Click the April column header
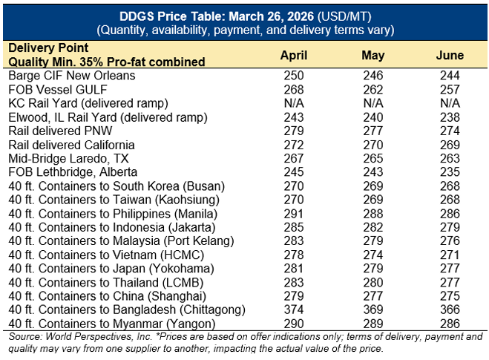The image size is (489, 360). tap(295, 56)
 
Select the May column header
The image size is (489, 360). tap(373, 56)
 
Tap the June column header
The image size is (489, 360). tap(450, 56)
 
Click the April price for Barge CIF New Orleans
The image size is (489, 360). tap(295, 76)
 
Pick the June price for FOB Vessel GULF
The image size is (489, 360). tap(450, 89)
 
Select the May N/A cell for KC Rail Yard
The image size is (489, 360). tap(373, 103)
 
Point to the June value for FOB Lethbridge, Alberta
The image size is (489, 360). tap(450, 172)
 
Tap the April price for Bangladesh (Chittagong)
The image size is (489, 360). tap(295, 310)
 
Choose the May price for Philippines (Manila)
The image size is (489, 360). tap(373, 213)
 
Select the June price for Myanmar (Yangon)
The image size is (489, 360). tap(450, 324)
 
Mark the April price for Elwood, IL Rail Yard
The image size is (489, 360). tap(295, 117)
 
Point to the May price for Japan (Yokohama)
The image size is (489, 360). tap(373, 269)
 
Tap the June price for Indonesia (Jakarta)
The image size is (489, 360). tap(450, 227)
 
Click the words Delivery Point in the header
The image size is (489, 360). tap(42, 48)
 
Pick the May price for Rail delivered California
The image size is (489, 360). tap(373, 145)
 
